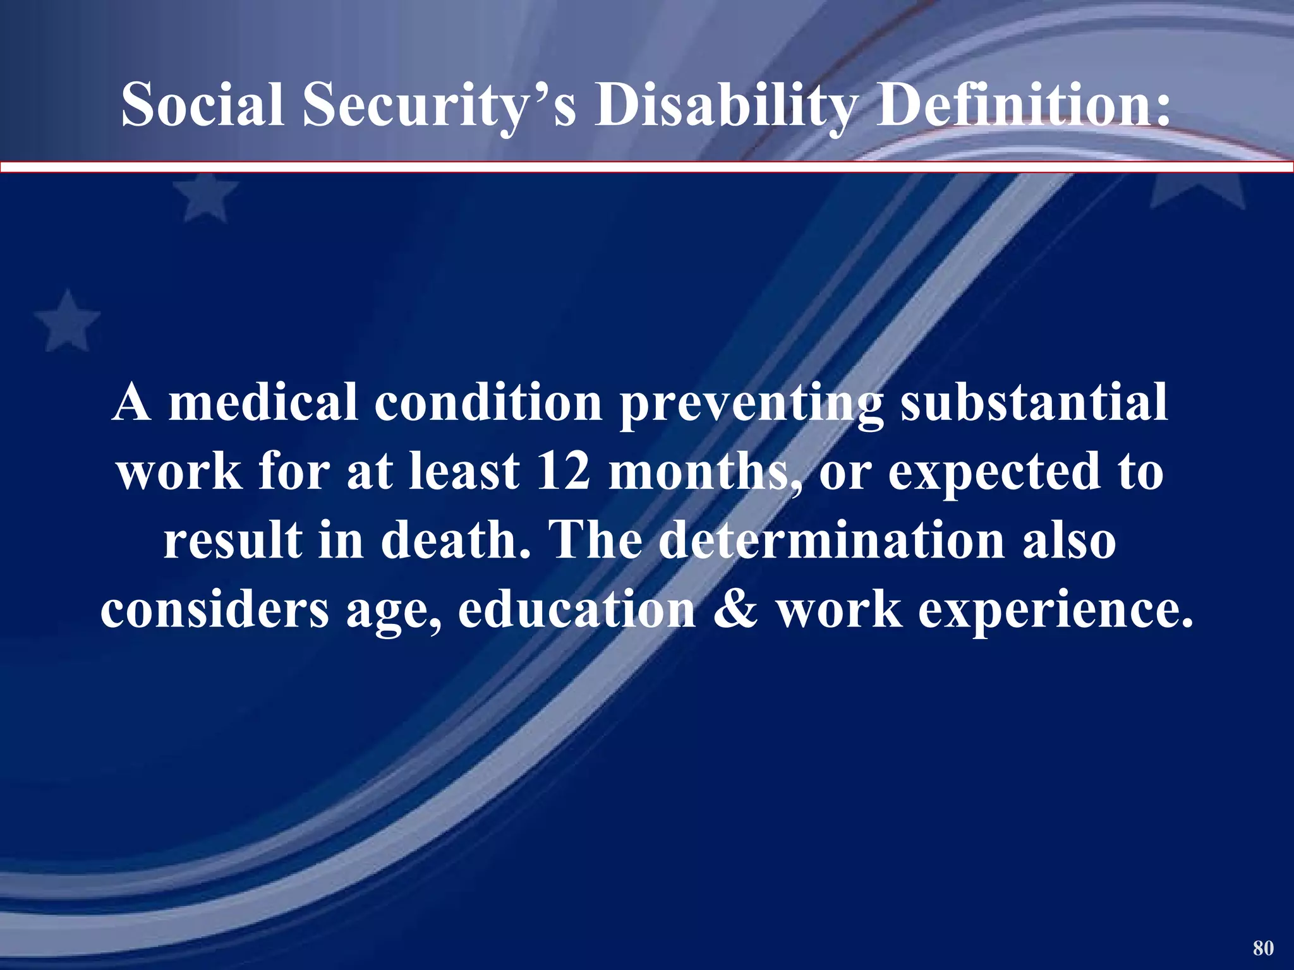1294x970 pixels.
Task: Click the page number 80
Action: [1263, 947]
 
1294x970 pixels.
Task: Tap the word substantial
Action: [1034, 402]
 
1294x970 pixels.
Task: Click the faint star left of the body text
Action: [68, 320]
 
